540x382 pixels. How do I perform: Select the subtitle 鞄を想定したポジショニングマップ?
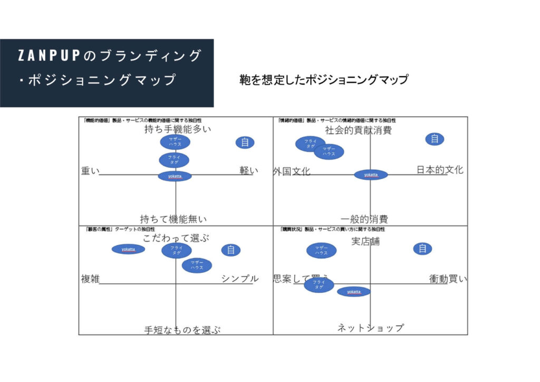[x=324, y=80]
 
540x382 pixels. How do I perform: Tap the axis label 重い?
[x=90, y=171]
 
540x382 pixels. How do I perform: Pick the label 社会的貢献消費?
[x=358, y=130]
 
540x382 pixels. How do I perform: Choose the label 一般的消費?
[x=364, y=219]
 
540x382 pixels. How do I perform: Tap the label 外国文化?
[x=292, y=171]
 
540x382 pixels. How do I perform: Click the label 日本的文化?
[x=440, y=170]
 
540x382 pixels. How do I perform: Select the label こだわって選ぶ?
[x=176, y=238]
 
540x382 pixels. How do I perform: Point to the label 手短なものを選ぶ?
[x=182, y=330]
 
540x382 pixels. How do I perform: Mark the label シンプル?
[x=240, y=279]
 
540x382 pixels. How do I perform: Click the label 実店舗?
[x=365, y=242]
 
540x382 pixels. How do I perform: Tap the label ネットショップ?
[x=370, y=328]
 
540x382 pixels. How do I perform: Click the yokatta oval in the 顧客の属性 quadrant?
[x=128, y=249]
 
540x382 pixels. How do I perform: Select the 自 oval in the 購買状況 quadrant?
[x=422, y=249]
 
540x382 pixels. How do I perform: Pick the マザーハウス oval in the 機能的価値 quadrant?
[x=175, y=142]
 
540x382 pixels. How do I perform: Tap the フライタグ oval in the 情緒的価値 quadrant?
[x=311, y=144]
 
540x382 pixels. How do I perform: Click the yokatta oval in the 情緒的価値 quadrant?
[x=371, y=175]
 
